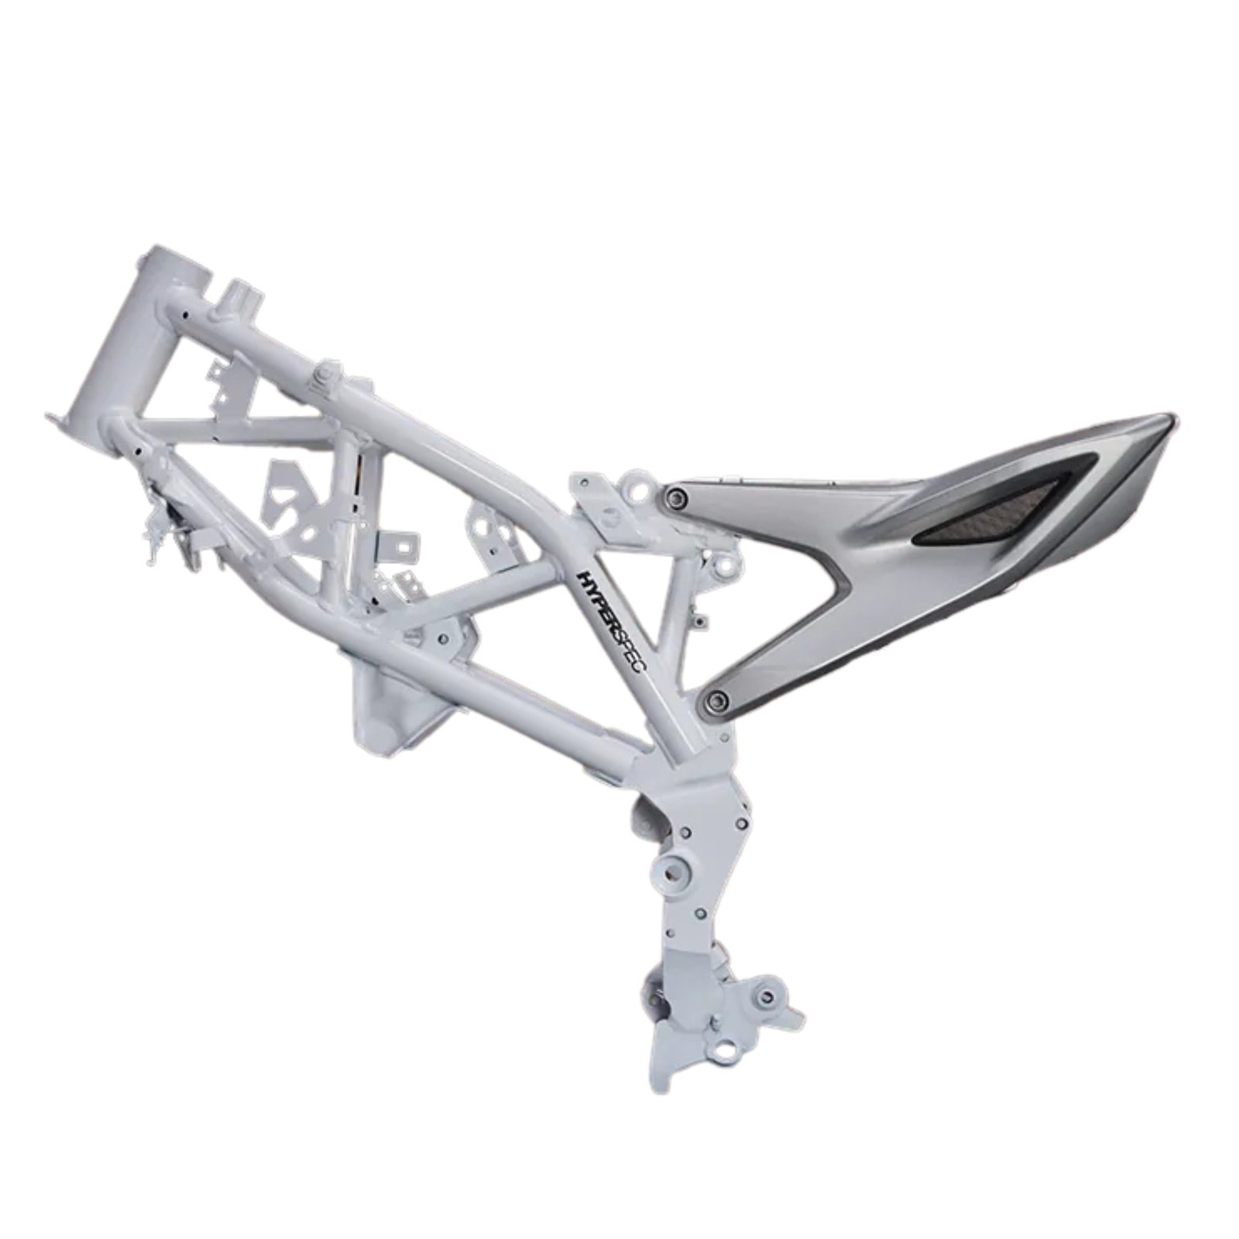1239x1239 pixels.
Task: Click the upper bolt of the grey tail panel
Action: click(x=679, y=496)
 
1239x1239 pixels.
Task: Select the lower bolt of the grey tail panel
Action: click(x=717, y=701)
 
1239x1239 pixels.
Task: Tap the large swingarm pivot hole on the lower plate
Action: click(x=672, y=871)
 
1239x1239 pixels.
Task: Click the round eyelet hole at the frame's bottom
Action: click(x=727, y=1051)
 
